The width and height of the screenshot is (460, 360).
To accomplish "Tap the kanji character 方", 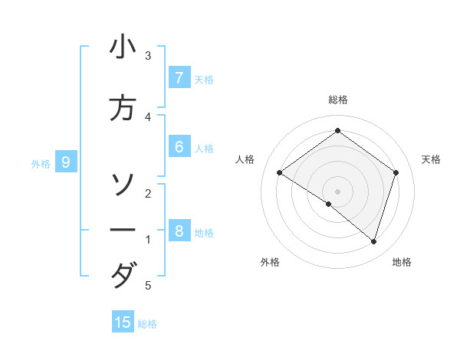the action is [x=123, y=108].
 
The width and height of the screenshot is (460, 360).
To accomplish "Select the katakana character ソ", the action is [x=123, y=184].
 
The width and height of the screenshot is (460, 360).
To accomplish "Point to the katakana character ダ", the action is [x=123, y=275].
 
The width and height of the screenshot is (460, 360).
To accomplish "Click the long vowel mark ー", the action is [x=123, y=230].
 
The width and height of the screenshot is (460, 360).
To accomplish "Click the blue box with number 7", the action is [x=179, y=78].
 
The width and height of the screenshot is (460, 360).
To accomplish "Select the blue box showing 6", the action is [x=179, y=147].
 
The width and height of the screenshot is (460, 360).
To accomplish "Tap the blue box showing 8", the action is [x=179, y=231].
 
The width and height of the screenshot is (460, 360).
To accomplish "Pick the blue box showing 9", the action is [x=66, y=162].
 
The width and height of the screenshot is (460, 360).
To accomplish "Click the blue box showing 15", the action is [x=123, y=322].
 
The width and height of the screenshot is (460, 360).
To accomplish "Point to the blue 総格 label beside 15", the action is [x=147, y=324].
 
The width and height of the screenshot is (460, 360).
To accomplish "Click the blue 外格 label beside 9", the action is [x=41, y=163].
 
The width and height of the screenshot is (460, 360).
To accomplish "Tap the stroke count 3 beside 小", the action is [x=148, y=56].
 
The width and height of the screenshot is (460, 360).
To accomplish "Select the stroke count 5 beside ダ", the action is [x=148, y=286].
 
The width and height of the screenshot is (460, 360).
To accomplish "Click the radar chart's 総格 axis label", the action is [x=338, y=100].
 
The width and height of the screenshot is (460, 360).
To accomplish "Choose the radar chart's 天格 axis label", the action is [x=432, y=159].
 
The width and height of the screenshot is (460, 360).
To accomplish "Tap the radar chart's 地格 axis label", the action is [x=402, y=263].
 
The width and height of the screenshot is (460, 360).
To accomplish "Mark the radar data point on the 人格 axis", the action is [x=280, y=173].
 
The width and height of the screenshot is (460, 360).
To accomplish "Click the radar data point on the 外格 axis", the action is [x=329, y=204].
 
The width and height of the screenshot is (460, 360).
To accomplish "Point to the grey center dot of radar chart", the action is [x=338, y=191].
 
